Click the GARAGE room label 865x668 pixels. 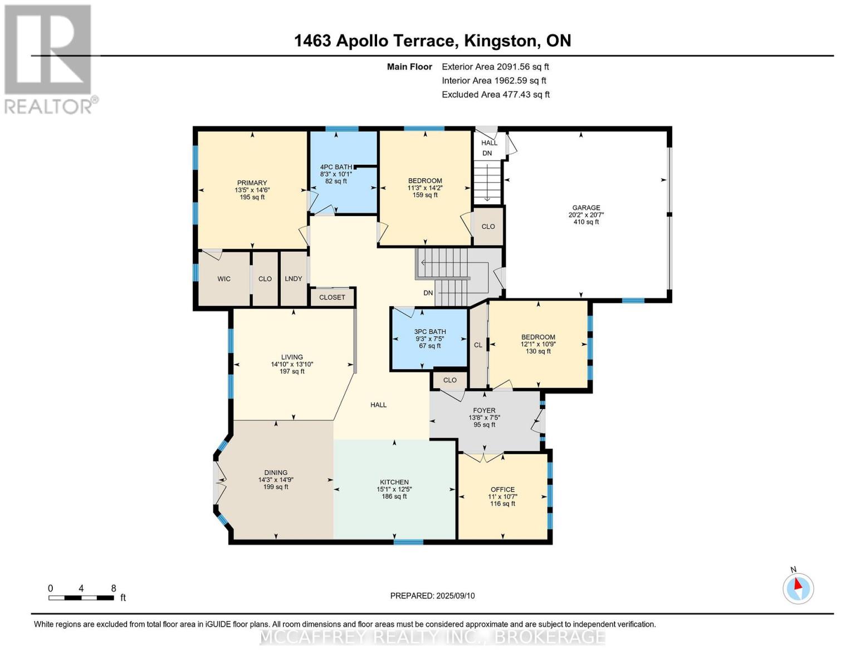tap(586, 208)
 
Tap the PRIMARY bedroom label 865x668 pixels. tap(252, 183)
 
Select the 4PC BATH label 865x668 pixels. tap(336, 167)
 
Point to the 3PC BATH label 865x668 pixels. tap(430, 332)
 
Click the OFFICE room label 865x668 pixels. tap(502, 490)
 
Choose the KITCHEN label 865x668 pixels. tap(394, 482)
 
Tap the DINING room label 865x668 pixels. tap(276, 473)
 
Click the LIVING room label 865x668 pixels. tap(292, 357)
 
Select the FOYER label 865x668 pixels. tap(484, 411)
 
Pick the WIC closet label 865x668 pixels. tap(224, 279)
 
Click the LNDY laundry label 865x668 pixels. tap(294, 279)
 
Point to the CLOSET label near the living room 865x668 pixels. tap(332, 297)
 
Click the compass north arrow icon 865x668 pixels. tap(798, 588)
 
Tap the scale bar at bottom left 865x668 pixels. tap(81, 598)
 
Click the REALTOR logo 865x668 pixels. tap(49, 58)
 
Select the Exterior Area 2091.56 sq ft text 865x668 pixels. tap(495, 67)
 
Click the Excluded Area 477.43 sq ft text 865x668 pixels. tap(496, 95)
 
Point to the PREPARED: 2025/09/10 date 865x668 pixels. tap(432, 596)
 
